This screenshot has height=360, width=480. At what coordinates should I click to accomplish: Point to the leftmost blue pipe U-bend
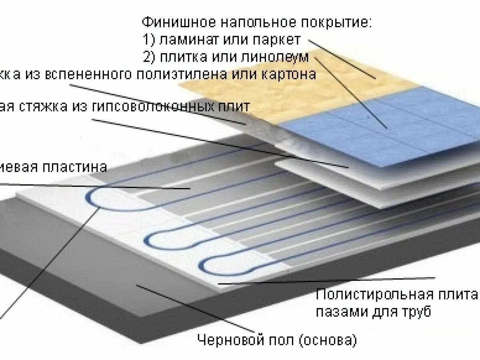coord(93,198)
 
